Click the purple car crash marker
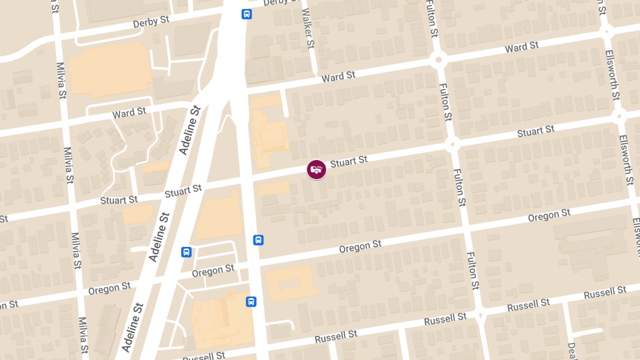click(x=316, y=170)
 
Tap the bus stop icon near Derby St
click(x=246, y=14)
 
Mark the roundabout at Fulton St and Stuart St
click(x=452, y=143)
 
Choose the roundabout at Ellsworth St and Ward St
click(x=606, y=31)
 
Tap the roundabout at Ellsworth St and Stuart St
click(x=619, y=115)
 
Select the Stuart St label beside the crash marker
click(x=349, y=161)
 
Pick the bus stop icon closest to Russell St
click(x=251, y=302)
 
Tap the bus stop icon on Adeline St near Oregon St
click(x=186, y=252)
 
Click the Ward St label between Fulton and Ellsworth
click(x=522, y=47)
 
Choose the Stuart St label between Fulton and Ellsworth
click(x=535, y=131)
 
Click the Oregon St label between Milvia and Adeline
click(x=109, y=289)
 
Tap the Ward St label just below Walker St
click(x=338, y=77)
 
